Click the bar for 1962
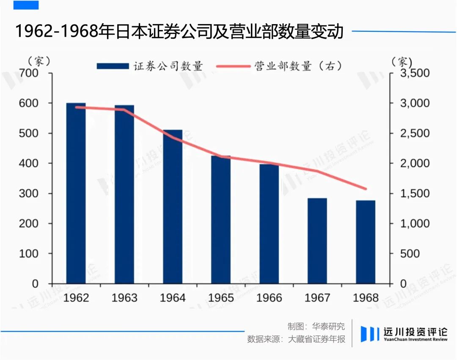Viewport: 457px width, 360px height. point(76,193)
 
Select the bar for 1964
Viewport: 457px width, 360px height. point(173,207)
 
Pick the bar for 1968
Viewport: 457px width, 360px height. point(366,242)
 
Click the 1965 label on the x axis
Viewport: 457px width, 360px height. point(221,298)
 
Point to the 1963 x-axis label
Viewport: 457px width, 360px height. point(124,298)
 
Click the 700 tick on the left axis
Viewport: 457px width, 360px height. point(29,73)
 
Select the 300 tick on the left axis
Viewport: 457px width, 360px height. point(29,193)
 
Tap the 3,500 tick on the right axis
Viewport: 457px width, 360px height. point(415,73)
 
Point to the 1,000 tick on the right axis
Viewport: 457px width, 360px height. point(415,223)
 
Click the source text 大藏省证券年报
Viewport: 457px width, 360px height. point(316,339)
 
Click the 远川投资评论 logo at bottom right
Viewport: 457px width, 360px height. point(404,334)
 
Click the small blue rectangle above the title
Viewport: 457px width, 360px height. point(26,5)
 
